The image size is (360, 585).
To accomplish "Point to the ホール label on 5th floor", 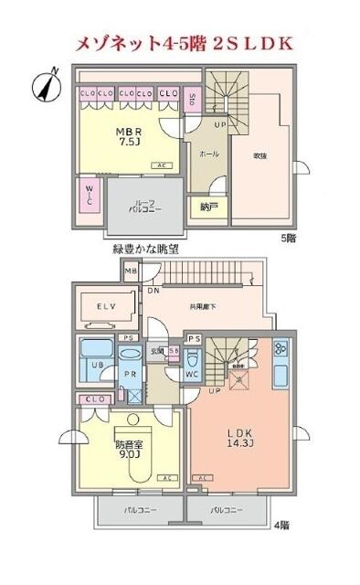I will click(x=208, y=154).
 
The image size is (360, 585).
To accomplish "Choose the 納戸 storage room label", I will click(x=208, y=207).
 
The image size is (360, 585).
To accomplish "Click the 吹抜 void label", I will click(x=259, y=155).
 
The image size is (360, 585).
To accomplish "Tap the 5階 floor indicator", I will click(x=288, y=238).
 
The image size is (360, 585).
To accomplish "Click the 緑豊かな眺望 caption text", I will click(x=146, y=249).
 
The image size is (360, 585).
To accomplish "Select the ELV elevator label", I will click(x=108, y=307).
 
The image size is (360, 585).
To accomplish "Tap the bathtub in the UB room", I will click(x=95, y=352).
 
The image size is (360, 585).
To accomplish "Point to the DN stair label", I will click(x=153, y=290).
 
